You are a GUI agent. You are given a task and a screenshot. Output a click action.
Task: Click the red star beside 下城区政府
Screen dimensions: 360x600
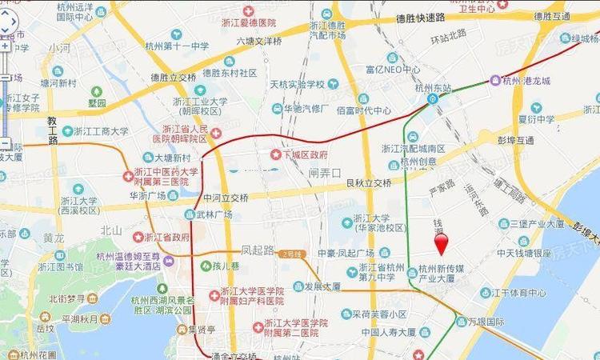point(277,154)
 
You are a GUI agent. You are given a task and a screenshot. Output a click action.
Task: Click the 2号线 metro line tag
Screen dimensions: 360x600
point(294,254)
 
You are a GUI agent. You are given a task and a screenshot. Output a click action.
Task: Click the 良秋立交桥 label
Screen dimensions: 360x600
point(368,182)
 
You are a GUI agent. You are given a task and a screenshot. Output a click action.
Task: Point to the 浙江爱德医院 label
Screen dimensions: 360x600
point(269,23)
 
